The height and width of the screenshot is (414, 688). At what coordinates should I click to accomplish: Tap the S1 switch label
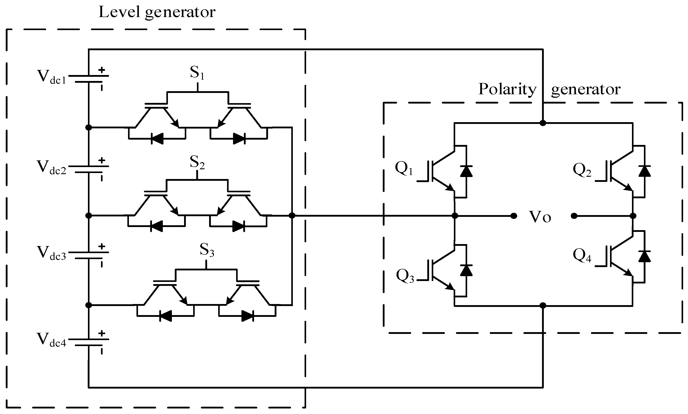(x=197, y=73)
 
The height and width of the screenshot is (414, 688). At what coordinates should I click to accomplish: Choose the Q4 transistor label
(x=582, y=256)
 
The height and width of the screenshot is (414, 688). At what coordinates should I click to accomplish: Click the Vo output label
(x=540, y=217)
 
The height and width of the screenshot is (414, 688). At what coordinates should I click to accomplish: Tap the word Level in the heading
(x=119, y=13)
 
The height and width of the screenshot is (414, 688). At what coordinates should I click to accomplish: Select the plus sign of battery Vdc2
(x=102, y=160)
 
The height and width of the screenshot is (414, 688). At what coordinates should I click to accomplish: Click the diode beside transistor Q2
(x=644, y=171)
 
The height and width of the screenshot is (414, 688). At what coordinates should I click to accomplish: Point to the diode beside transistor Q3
(x=466, y=270)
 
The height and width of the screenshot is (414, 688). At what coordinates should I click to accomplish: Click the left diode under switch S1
(x=157, y=139)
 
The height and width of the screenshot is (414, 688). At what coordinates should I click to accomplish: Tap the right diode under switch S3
(x=247, y=316)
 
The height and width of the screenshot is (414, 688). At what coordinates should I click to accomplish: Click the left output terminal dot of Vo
(x=513, y=216)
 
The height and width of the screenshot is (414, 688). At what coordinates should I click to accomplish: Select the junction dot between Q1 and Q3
(x=455, y=216)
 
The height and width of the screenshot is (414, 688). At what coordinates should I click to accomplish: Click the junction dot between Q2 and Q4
(x=633, y=216)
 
